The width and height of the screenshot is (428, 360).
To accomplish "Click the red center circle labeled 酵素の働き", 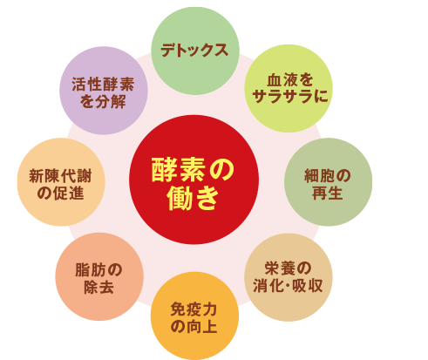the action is pyautogui.click(x=194, y=180).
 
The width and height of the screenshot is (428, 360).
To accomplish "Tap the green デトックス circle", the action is pyautogui.click(x=195, y=51).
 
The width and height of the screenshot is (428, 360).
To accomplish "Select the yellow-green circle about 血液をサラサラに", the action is pyautogui.click(x=289, y=88).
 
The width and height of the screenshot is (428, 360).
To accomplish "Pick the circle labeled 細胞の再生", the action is pyautogui.click(x=328, y=182).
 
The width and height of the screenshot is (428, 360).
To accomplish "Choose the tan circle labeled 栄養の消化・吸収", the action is pyautogui.click(x=289, y=277).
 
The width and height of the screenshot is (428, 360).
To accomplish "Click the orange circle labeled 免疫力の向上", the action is pyautogui.click(x=194, y=316).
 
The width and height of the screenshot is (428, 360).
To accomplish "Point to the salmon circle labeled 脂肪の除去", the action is pyautogui.click(x=99, y=276).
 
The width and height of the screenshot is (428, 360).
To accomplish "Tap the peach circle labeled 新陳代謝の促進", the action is pyautogui.click(x=61, y=182).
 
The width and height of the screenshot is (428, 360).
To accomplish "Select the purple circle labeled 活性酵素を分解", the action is pyautogui.click(x=104, y=91).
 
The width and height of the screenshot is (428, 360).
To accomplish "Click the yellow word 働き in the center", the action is pyautogui.click(x=193, y=198).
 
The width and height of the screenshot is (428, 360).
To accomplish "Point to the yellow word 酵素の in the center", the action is pyautogui.click(x=193, y=170).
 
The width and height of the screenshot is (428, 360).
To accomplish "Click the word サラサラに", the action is pyautogui.click(x=290, y=96).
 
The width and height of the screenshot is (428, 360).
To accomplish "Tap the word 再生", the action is pyautogui.click(x=328, y=193).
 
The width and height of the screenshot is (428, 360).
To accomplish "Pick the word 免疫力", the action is pyautogui.click(x=194, y=309).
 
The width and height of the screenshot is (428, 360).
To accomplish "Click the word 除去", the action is pyautogui.click(x=99, y=287).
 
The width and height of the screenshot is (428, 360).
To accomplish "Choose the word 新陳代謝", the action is pyautogui.click(x=60, y=176).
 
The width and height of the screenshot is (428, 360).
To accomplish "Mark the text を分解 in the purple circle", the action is pyautogui.click(x=103, y=101).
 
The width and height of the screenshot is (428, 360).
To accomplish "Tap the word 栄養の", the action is pyautogui.click(x=288, y=268).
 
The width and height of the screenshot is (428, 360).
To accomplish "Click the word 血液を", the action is pyautogui.click(x=290, y=80).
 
